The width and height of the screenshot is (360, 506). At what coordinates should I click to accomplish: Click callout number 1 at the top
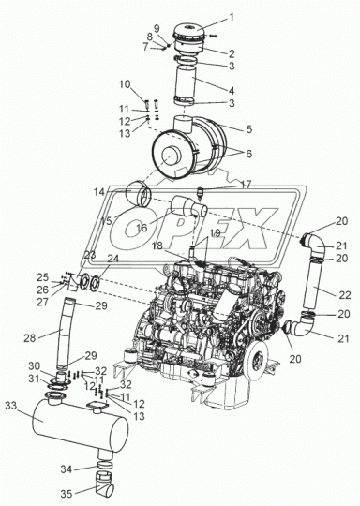pyautogui.click(x=232, y=17)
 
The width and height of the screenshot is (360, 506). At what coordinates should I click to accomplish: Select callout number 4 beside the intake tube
pyautogui.click(x=232, y=91)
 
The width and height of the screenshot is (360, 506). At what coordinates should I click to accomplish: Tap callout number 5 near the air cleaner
pyautogui.click(x=249, y=129)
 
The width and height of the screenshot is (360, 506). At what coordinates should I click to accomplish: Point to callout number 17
pyautogui.click(x=246, y=185)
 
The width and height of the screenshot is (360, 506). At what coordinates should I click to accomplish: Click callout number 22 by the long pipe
pyautogui.click(x=344, y=295)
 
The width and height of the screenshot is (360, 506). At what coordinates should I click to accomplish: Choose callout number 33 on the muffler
pyautogui.click(x=11, y=406)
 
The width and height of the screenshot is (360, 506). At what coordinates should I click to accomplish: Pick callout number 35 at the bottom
pyautogui.click(x=67, y=494)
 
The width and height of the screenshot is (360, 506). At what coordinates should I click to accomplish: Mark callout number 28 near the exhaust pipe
pyautogui.click(x=30, y=338)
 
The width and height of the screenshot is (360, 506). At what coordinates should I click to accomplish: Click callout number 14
pyautogui.click(x=99, y=192)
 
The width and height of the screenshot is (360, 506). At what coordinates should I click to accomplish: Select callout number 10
pyautogui.click(x=125, y=84)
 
